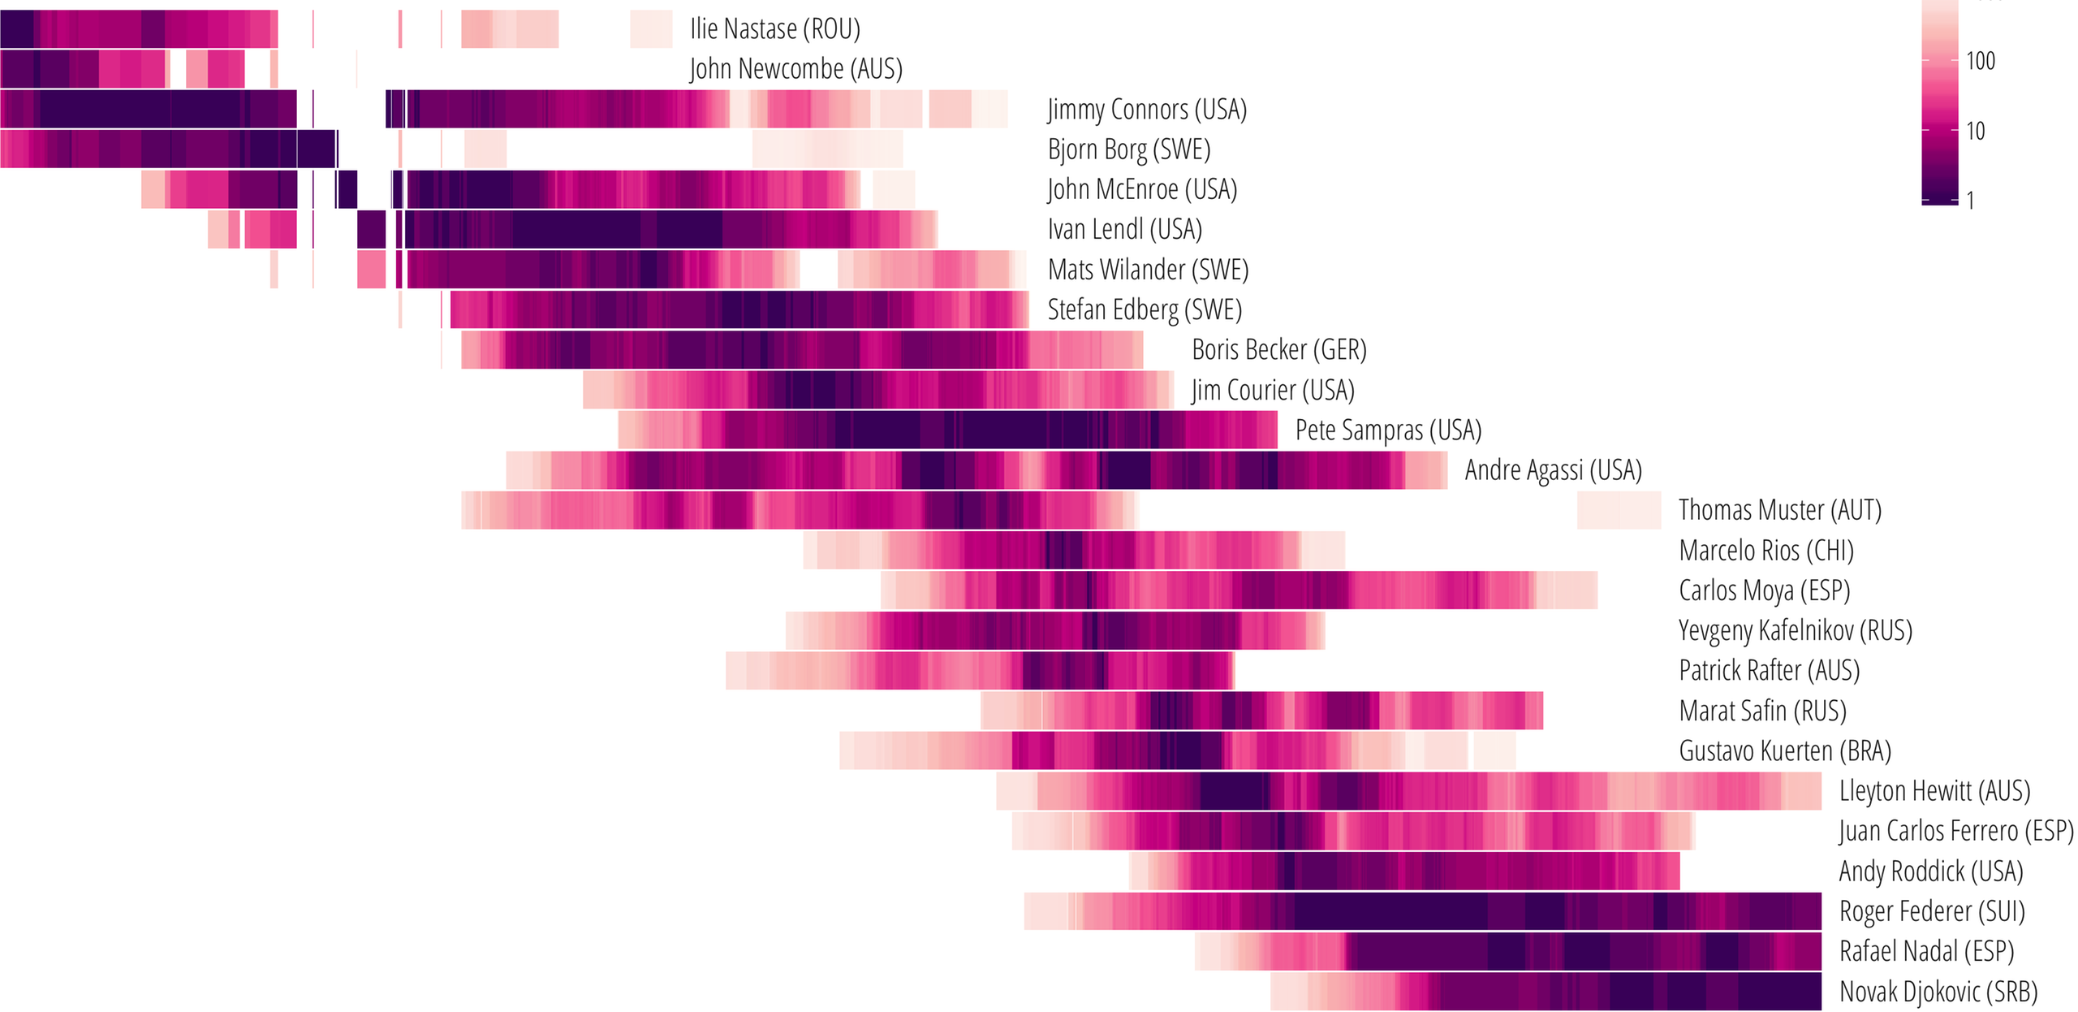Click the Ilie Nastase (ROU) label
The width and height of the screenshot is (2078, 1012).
(x=774, y=29)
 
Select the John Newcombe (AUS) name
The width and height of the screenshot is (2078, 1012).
(x=795, y=69)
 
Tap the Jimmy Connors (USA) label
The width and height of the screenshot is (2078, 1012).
(x=1146, y=109)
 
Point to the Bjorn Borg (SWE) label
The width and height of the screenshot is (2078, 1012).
(x=1128, y=149)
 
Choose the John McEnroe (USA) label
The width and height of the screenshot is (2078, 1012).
(x=1141, y=189)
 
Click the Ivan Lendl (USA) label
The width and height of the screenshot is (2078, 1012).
(x=1124, y=230)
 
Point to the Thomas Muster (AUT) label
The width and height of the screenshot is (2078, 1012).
(x=1779, y=510)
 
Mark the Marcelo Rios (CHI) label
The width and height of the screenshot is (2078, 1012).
(x=1765, y=551)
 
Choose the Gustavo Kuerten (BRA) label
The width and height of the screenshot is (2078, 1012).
(x=1784, y=751)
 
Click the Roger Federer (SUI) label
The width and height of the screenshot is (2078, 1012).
(x=1931, y=911)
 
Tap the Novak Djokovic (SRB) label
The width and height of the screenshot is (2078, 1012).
(x=1938, y=992)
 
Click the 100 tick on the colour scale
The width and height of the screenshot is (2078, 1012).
(x=1980, y=61)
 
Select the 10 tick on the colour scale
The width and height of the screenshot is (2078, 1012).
(x=1975, y=131)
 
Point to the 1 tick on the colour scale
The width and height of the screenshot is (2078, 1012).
(x=1970, y=200)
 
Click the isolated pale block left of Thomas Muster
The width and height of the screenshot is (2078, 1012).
(x=1619, y=510)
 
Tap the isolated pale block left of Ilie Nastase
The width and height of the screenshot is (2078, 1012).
(x=651, y=29)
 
